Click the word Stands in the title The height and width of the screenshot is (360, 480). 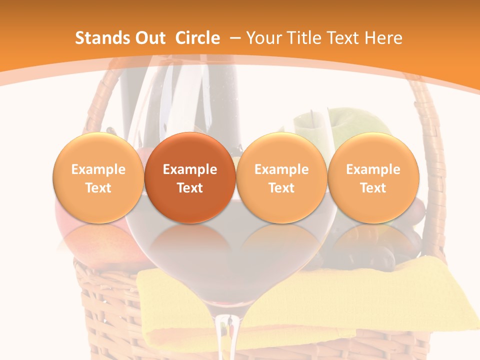[x=98, y=38]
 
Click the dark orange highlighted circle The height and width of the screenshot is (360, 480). [x=190, y=178]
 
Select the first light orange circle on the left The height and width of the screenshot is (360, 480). [x=98, y=178]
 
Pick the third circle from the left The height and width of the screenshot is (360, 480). [x=281, y=178]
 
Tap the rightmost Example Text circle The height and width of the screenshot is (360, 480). [x=373, y=178]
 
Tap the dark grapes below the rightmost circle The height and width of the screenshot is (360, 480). [x=400, y=245]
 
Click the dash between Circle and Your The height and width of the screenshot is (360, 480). [x=236, y=38]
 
